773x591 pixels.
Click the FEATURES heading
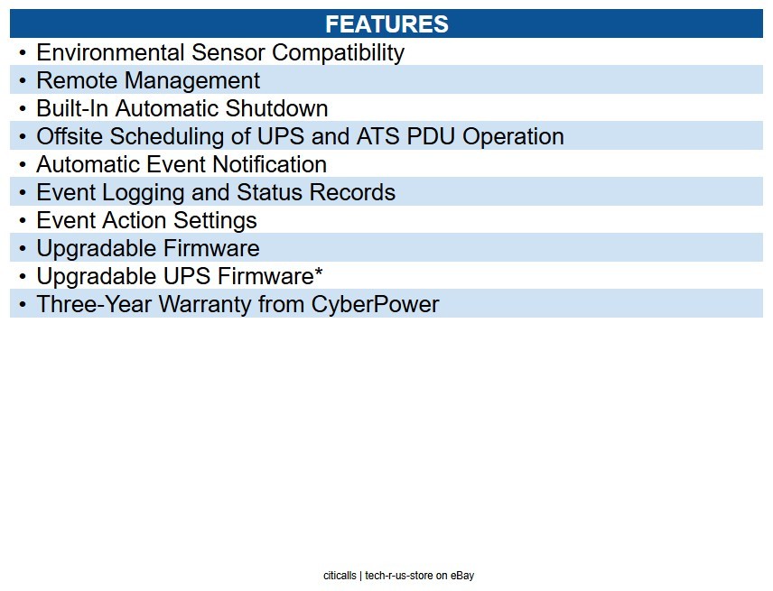pos(386,23)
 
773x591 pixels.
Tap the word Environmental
pos(110,52)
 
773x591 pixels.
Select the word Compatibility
pos(338,53)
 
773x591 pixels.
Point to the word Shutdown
pos(276,108)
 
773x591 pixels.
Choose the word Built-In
pos(72,108)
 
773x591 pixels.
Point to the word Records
pos(352,192)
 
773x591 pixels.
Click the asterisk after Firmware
pos(319,271)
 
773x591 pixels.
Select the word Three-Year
pos(94,304)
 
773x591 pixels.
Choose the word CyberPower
pos(375,304)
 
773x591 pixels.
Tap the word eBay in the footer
pos(462,576)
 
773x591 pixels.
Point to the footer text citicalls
pos(340,576)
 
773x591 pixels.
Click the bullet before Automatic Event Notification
pos(23,164)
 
